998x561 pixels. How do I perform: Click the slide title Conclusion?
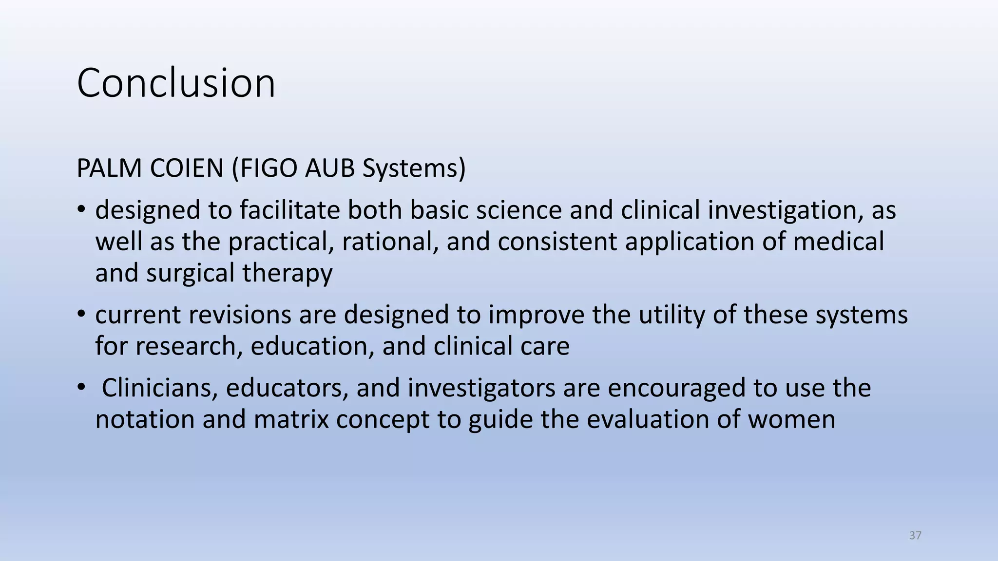click(176, 83)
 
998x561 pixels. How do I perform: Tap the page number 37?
click(915, 536)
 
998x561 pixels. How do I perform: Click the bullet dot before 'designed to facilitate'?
click(81, 210)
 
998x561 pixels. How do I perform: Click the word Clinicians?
click(159, 388)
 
